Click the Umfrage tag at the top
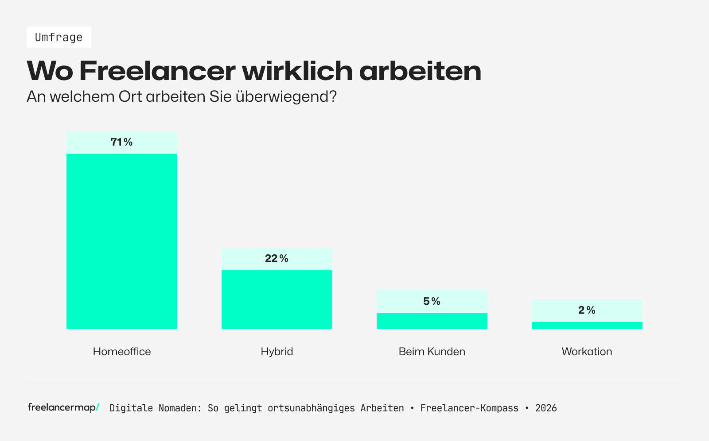(58, 37)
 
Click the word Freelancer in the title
(157, 71)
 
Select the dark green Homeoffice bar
(122, 241)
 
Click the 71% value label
(122, 142)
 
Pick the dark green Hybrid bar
(277, 299)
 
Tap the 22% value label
(277, 259)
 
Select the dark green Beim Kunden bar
(432, 321)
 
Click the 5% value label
(432, 302)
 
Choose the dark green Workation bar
(587, 325)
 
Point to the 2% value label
(587, 311)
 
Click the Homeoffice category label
(122, 352)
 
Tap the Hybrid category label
(277, 352)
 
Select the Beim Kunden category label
(432, 352)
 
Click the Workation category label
(587, 352)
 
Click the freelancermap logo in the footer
(63, 407)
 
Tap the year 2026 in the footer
(545, 408)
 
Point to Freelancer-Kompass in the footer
(469, 408)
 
